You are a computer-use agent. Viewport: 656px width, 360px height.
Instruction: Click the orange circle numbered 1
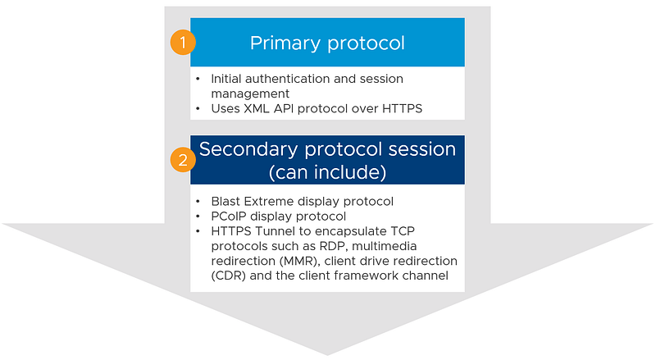point(183,43)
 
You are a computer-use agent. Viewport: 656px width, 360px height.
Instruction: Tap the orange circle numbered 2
point(183,160)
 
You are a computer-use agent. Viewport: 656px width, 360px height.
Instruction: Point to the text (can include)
point(327,172)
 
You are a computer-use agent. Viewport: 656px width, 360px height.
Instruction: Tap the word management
point(250,93)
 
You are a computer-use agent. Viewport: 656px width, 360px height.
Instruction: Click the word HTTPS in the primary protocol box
point(402,109)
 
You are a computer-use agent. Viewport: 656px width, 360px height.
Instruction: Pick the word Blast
point(226,202)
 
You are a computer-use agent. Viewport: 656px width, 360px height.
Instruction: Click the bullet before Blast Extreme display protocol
point(198,202)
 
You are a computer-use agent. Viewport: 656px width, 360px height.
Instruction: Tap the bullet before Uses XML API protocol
point(198,109)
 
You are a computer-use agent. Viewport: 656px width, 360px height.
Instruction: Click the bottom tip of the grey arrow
point(327,355)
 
